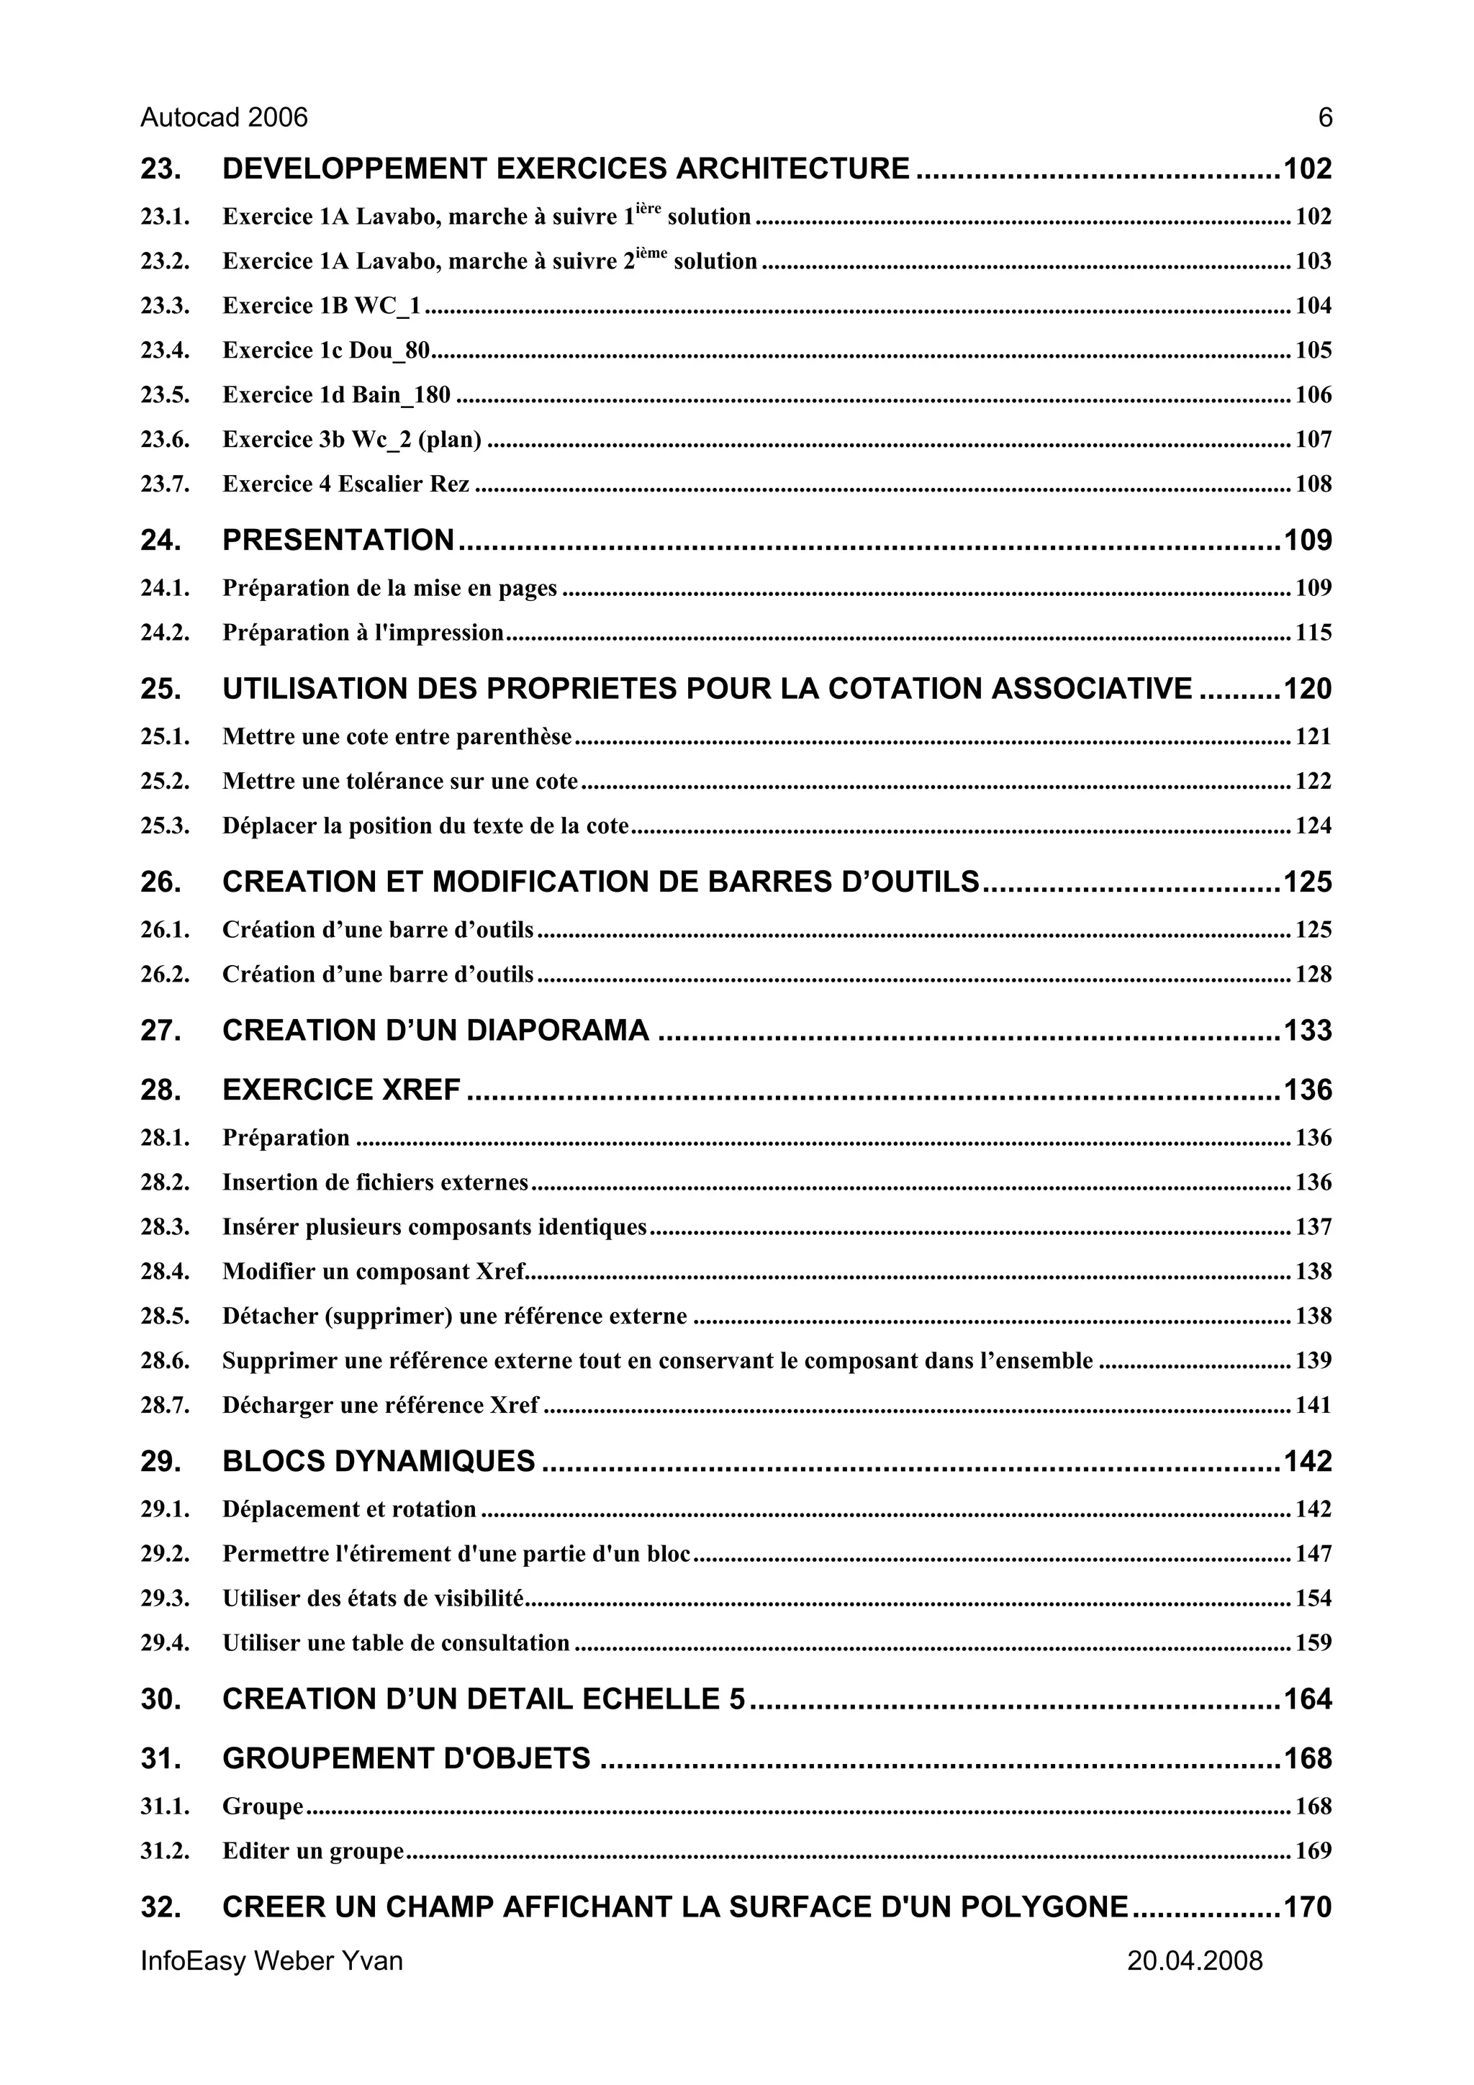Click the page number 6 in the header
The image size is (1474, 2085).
[x=1325, y=118]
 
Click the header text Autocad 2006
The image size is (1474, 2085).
[x=225, y=118]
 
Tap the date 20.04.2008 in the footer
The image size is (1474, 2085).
[x=1194, y=1960]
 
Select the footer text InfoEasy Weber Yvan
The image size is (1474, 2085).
[x=271, y=1960]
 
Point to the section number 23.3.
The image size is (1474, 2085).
[x=164, y=306]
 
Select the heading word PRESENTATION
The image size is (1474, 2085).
[x=338, y=541]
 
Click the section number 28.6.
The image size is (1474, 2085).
[x=164, y=1361]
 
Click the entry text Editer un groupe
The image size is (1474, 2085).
[x=312, y=1850]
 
